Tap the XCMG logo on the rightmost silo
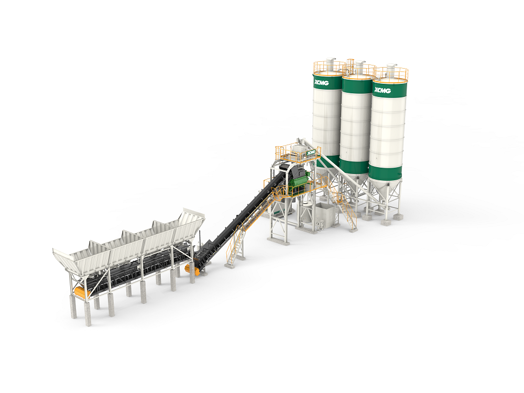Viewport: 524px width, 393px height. pos(383,90)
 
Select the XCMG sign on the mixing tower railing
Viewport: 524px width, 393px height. pos(311,152)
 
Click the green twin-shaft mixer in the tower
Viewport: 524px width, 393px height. pos(301,184)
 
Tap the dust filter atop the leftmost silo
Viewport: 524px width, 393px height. pos(331,64)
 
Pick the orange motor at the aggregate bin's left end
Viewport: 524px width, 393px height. pos(82,291)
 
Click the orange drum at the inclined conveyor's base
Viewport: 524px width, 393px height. pos(192,269)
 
